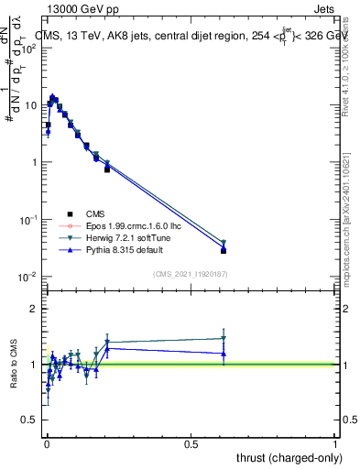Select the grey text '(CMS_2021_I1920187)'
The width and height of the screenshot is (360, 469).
point(191,273)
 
